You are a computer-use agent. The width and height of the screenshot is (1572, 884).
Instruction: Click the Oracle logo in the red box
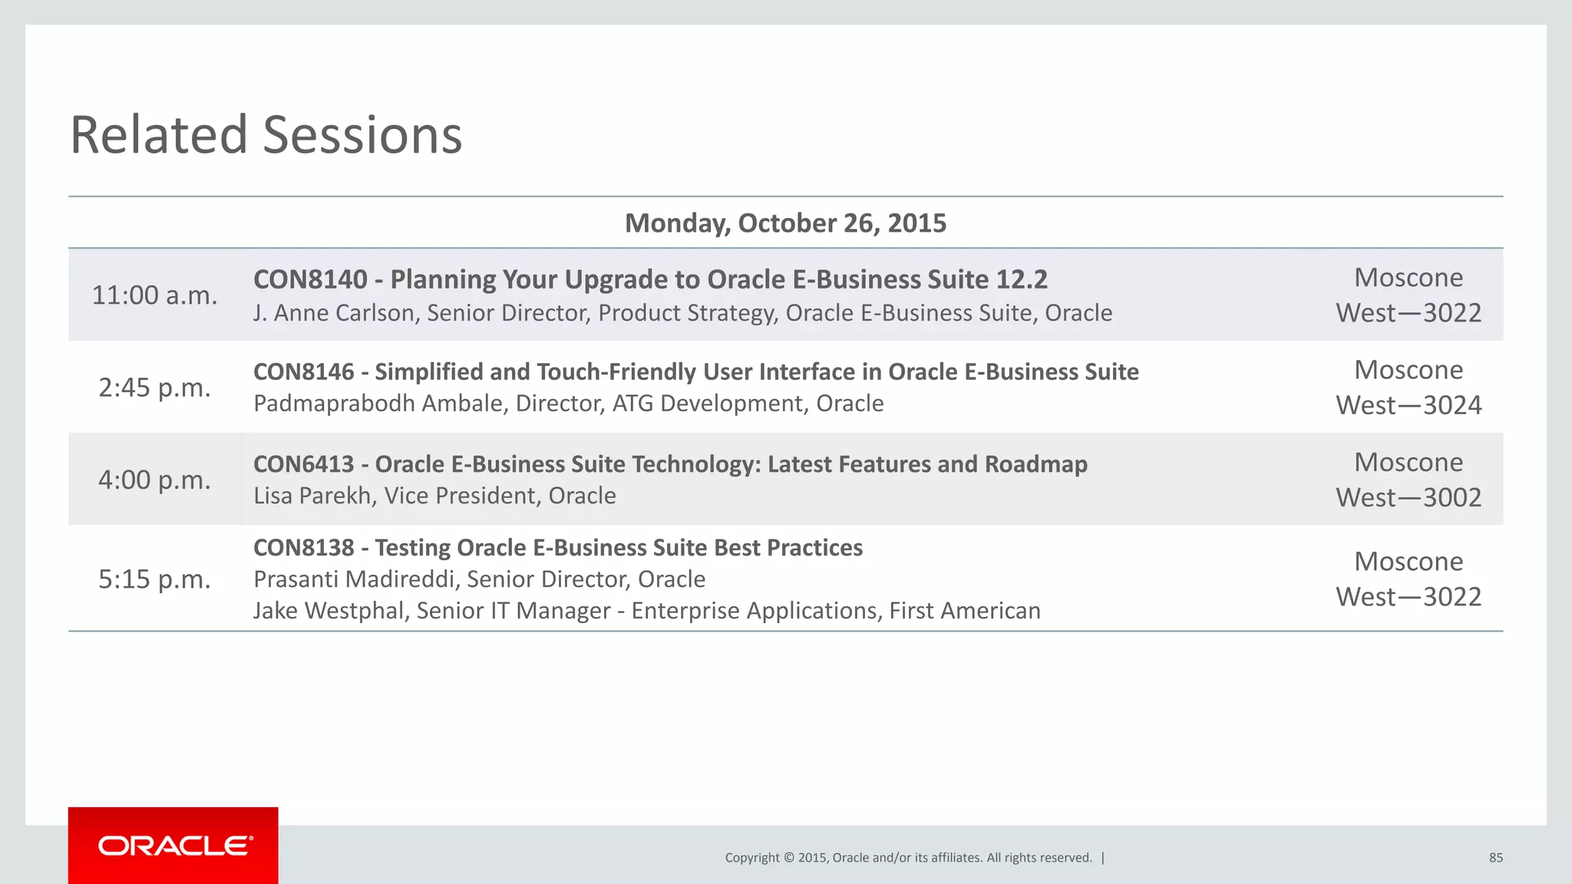[x=174, y=846]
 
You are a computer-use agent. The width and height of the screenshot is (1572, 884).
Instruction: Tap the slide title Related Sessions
[x=266, y=135]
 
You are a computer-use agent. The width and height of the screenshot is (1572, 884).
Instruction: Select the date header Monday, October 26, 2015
[x=785, y=223]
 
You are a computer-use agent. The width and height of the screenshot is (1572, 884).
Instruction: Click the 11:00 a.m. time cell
[x=154, y=295]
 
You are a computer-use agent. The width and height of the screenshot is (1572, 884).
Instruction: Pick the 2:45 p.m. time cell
[x=154, y=388]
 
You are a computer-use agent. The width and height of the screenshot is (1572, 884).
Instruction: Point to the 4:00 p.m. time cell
[x=154, y=480]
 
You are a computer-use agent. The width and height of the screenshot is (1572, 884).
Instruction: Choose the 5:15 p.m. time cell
[x=154, y=579]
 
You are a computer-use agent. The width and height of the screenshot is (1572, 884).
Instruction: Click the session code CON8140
[x=310, y=279]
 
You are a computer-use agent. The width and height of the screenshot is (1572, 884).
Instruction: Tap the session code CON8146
[x=303, y=372]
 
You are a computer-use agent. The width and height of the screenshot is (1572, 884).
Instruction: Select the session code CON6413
[x=303, y=464]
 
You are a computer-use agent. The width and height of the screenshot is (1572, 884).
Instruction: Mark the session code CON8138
[x=303, y=548]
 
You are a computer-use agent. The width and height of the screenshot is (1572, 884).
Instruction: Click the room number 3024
[x=1452, y=405]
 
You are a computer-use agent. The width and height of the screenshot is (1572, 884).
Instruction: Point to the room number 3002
[x=1452, y=497]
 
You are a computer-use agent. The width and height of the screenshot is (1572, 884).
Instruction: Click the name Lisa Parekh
[x=312, y=496]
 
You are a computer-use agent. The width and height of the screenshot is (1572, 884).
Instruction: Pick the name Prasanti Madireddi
[x=356, y=579]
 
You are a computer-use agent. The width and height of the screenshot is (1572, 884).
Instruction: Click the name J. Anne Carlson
[x=333, y=313]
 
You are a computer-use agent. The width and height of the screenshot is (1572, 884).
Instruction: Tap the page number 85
[x=1495, y=858]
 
